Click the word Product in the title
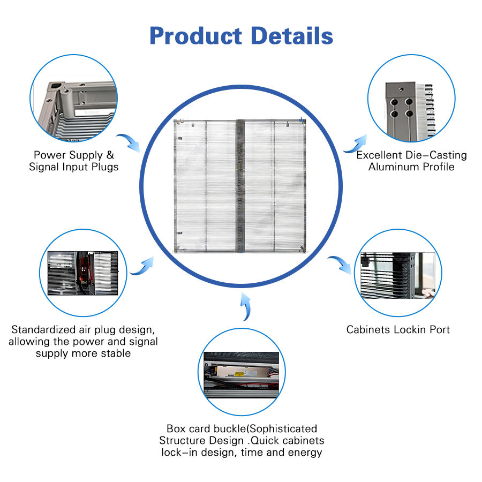[195, 36]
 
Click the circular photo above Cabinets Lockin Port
[398, 274]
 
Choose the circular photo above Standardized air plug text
[83, 273]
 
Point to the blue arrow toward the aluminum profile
[355, 143]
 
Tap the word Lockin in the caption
[410, 330]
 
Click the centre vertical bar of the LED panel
[240, 185]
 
